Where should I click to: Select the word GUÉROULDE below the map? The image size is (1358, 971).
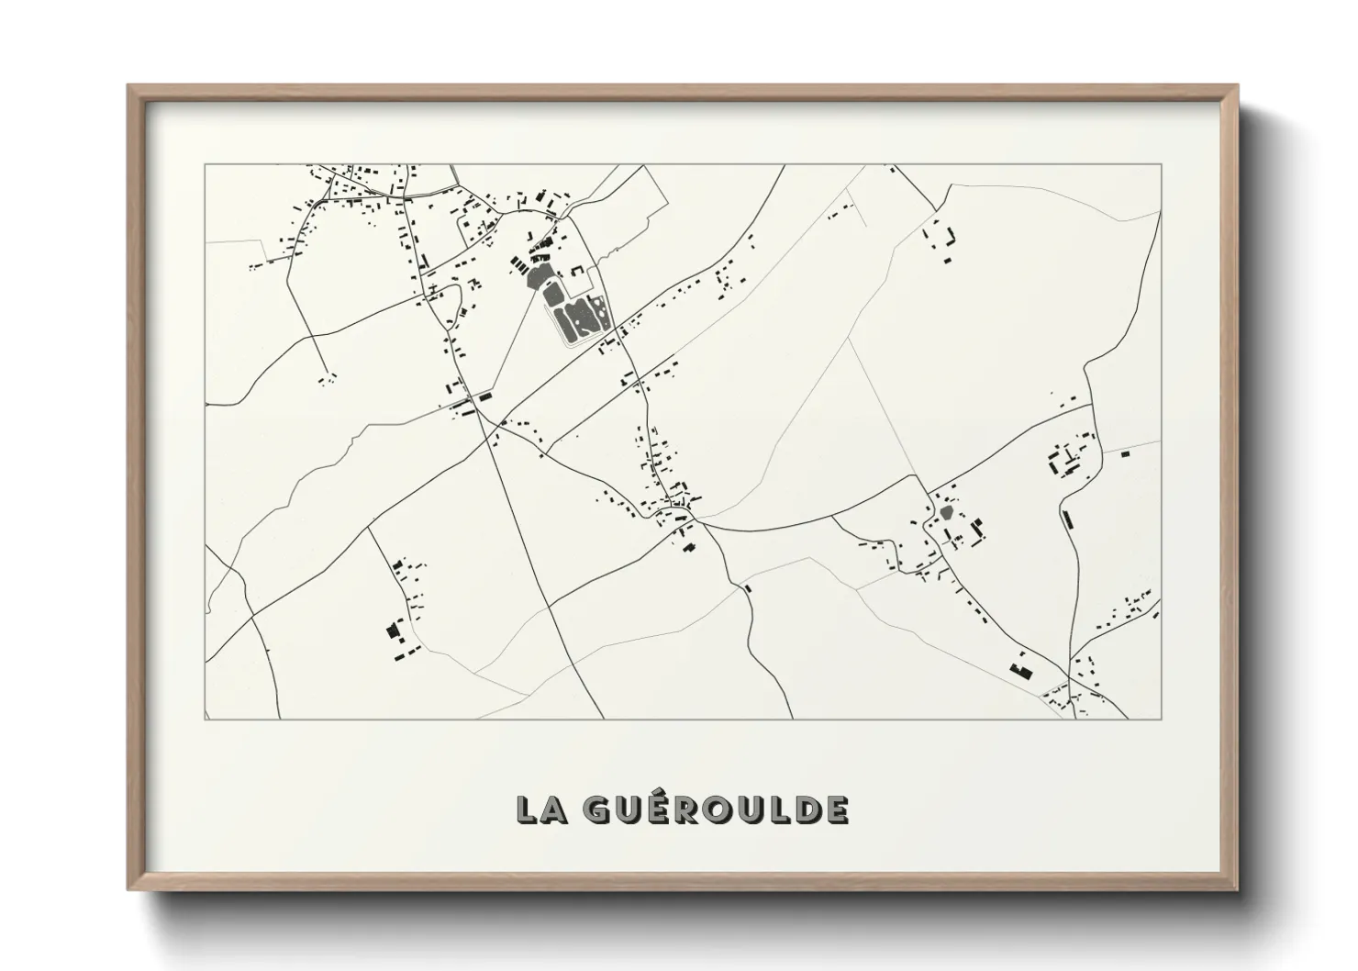click(716, 809)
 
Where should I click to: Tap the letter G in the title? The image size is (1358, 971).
click(597, 809)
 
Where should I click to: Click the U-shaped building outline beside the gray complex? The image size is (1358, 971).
click(578, 271)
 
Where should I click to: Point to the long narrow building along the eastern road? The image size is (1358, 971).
click(1066, 519)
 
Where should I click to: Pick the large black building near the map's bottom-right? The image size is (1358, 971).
click(1018, 668)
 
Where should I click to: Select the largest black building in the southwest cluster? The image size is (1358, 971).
click(395, 631)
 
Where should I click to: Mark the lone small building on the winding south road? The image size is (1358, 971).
click(748, 588)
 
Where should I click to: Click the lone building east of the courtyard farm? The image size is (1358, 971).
click(1125, 452)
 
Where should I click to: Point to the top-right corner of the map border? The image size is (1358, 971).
click(1161, 165)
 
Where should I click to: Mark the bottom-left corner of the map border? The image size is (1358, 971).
click(206, 719)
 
